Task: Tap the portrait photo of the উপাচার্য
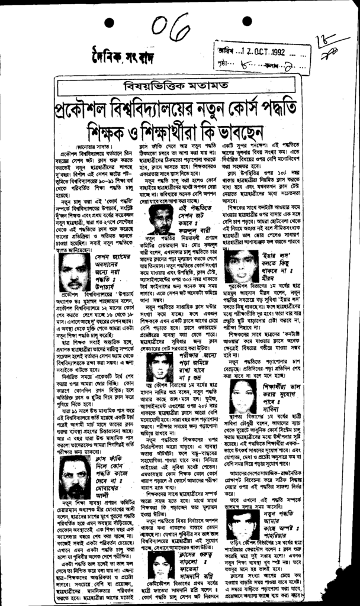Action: [x=75, y=272]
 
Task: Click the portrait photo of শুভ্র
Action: [x=159, y=367]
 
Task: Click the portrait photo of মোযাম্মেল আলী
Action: [x=75, y=477]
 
